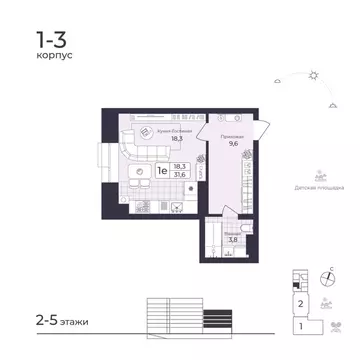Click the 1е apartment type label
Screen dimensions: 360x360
pyautogui.click(x=160, y=170)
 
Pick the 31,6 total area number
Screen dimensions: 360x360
pyautogui.click(x=180, y=175)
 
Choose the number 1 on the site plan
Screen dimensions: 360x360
pyautogui.click(x=298, y=325)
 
